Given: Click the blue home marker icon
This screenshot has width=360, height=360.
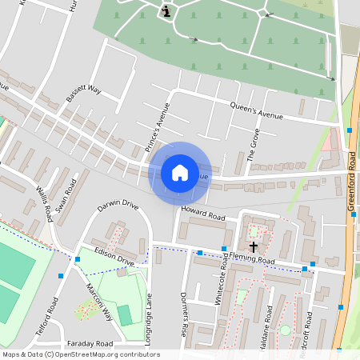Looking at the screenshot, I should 179,173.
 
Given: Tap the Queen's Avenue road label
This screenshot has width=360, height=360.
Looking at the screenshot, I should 257,111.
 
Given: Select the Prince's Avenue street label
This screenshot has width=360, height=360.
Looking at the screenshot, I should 157,125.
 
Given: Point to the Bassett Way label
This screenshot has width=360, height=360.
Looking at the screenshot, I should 83,95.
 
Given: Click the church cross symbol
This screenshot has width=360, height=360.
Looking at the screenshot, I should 254,246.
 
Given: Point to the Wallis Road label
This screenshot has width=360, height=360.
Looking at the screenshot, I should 44,204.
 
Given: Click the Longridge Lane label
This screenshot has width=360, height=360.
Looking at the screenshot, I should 148,319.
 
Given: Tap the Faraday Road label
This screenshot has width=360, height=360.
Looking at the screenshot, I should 90,342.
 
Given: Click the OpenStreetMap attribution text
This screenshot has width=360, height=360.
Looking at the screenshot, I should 80,354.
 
